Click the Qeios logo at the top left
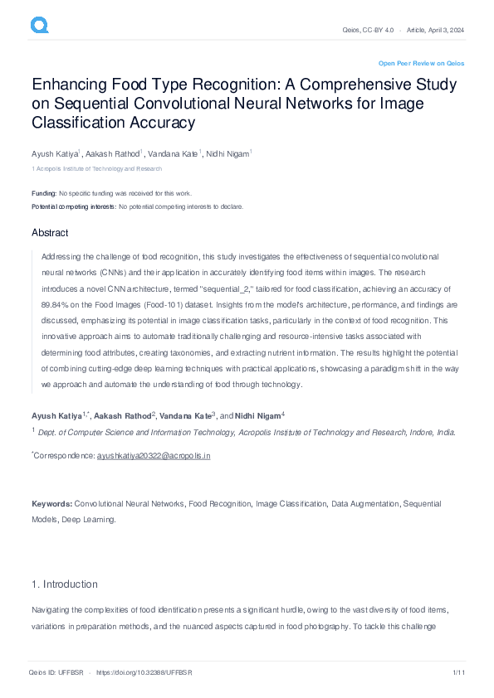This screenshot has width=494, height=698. coord(40,26)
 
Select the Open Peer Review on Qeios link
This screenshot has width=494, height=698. coord(421,63)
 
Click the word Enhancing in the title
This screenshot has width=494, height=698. coord(72,85)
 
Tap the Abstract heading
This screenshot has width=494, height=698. coord(50,233)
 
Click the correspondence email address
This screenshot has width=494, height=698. coord(154,456)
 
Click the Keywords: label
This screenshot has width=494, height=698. coord(52,503)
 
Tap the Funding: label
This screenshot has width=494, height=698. coord(44,193)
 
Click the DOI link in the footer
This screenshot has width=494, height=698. coord(144,672)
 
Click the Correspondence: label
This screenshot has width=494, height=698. coord(65,456)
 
